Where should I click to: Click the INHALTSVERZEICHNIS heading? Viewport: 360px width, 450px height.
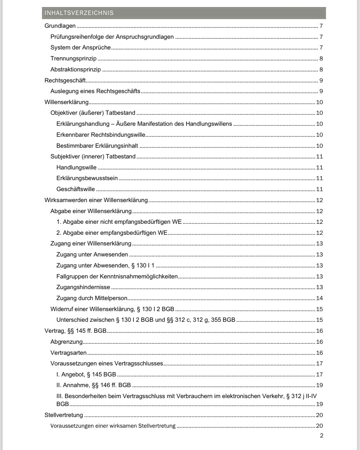tap(79, 13)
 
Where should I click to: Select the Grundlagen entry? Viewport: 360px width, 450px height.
tap(60, 26)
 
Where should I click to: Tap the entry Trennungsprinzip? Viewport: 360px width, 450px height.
tap(73, 59)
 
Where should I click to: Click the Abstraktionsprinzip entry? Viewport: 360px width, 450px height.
tap(75, 70)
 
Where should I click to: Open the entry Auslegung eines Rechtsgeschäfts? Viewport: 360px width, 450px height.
tap(95, 91)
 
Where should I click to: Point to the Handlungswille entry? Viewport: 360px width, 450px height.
tap(76, 168)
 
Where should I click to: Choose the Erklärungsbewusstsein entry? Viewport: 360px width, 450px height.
tap(87, 178)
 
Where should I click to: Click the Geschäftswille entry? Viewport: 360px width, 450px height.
tap(75, 189)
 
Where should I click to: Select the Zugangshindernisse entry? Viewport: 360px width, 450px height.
tap(83, 287)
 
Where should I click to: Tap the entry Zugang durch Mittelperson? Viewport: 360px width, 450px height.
tap(92, 298)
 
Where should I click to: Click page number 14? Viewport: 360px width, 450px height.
tap(319, 298)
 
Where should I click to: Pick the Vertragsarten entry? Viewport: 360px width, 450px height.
tap(68, 353)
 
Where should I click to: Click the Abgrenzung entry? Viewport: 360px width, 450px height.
tap(67, 342)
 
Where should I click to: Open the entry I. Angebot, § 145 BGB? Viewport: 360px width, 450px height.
tap(86, 375)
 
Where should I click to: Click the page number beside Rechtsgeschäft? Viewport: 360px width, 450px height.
tap(321, 81)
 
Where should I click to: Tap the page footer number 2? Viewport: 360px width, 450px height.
tap(322, 436)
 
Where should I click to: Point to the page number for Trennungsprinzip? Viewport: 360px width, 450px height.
tap(321, 59)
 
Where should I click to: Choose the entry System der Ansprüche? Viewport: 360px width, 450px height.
tap(81, 48)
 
